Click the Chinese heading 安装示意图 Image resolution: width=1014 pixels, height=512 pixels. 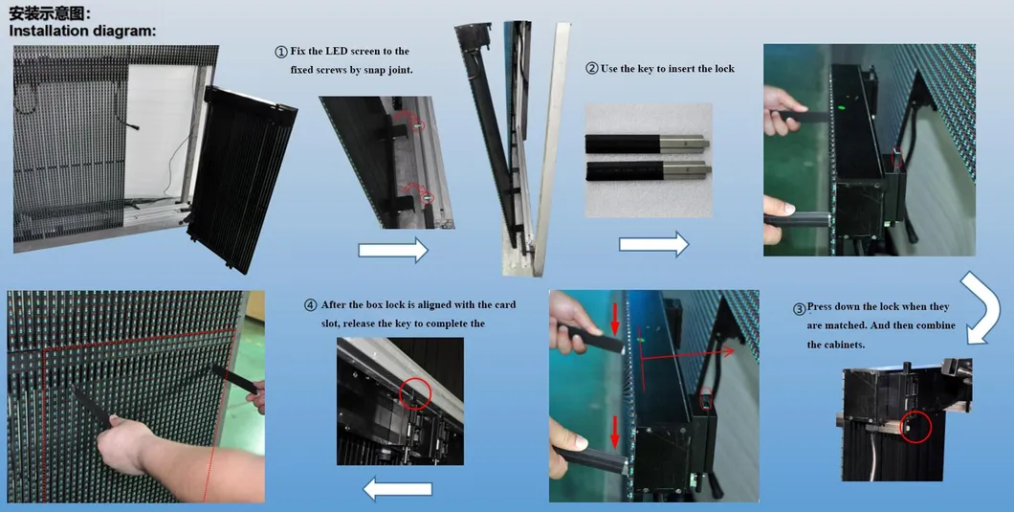[51, 13]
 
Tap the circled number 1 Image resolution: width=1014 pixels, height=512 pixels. [280, 52]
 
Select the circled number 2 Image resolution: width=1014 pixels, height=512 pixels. [591, 69]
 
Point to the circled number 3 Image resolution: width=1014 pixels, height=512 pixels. [800, 309]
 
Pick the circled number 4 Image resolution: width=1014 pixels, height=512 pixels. [310, 305]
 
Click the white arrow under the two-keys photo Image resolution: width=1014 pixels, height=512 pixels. [653, 244]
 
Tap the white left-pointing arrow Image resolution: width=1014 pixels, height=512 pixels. [397, 490]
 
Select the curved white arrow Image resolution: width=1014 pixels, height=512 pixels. [981, 304]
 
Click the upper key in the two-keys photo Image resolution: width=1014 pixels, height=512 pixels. [647, 144]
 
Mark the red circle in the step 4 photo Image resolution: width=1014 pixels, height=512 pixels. [415, 392]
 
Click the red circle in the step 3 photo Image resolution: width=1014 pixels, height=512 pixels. [917, 426]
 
